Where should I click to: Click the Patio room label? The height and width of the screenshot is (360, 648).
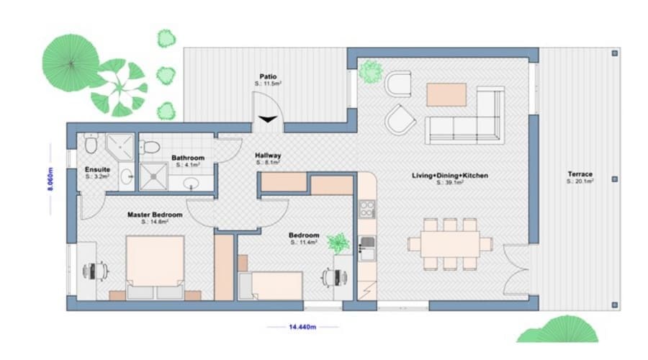(x=269, y=76)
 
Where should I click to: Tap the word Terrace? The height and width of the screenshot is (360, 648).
(x=580, y=174)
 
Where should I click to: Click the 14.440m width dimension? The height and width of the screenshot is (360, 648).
(x=302, y=327)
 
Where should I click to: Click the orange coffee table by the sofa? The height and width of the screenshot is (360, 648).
(x=446, y=94)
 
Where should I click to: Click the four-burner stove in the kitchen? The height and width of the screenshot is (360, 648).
(x=367, y=210)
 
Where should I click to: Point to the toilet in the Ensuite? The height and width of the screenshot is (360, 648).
(x=90, y=145)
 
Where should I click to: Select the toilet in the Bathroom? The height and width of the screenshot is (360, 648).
(x=150, y=147)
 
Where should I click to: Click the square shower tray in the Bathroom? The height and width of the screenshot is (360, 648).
(x=153, y=175)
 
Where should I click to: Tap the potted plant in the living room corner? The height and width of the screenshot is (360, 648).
(x=372, y=71)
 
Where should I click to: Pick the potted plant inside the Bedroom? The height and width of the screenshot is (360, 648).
(x=337, y=243)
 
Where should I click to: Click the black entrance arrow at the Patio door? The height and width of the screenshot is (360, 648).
(x=269, y=120)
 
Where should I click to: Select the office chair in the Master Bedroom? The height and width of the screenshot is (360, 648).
(x=95, y=271)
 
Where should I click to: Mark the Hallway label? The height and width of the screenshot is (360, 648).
(x=268, y=156)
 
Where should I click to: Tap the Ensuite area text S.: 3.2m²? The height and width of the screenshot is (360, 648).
(x=96, y=176)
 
